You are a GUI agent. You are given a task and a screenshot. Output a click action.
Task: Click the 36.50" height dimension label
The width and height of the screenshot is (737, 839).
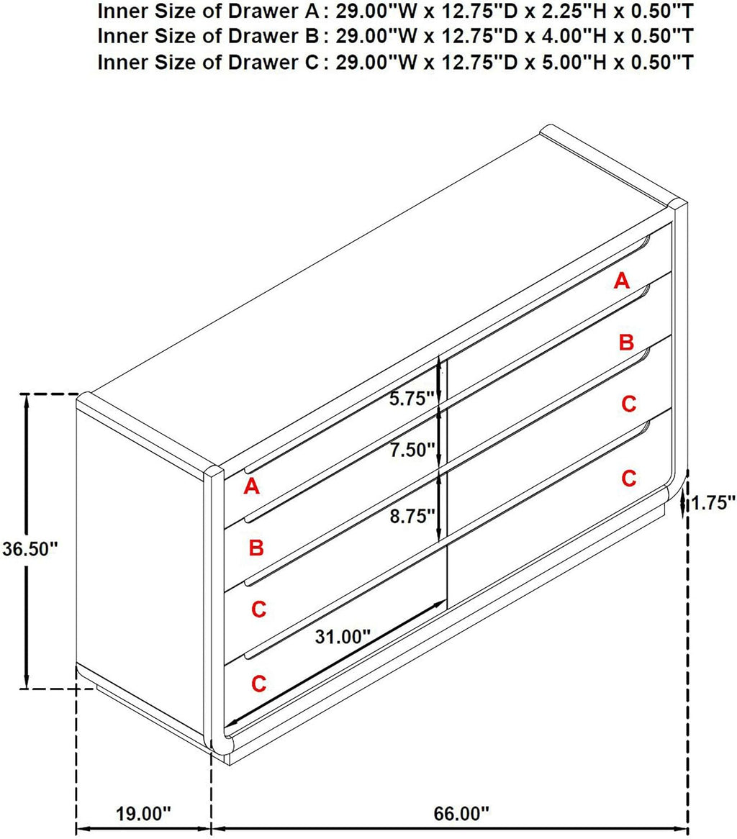coord(30,548)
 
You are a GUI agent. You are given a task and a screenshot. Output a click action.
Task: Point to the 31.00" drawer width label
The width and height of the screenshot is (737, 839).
coord(343,637)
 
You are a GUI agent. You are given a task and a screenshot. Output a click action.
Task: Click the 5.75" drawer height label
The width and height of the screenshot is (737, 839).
coord(411,399)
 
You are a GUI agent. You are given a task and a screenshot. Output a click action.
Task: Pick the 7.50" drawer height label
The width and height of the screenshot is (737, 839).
coord(411,450)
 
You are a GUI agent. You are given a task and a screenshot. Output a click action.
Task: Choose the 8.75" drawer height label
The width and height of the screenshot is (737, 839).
coord(411,516)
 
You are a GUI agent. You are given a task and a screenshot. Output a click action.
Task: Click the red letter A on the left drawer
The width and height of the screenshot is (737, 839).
coord(252,486)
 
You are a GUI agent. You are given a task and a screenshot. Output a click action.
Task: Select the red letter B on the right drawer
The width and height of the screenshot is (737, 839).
coord(626,342)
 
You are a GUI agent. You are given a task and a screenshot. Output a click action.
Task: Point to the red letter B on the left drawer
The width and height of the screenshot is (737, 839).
coord(256,548)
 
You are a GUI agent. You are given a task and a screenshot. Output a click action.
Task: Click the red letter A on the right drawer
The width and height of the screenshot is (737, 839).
coord(621,281)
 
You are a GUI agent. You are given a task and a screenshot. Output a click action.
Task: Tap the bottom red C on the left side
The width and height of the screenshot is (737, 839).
coord(258,684)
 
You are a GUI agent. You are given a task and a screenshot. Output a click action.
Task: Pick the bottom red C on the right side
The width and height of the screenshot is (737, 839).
coord(629,478)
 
